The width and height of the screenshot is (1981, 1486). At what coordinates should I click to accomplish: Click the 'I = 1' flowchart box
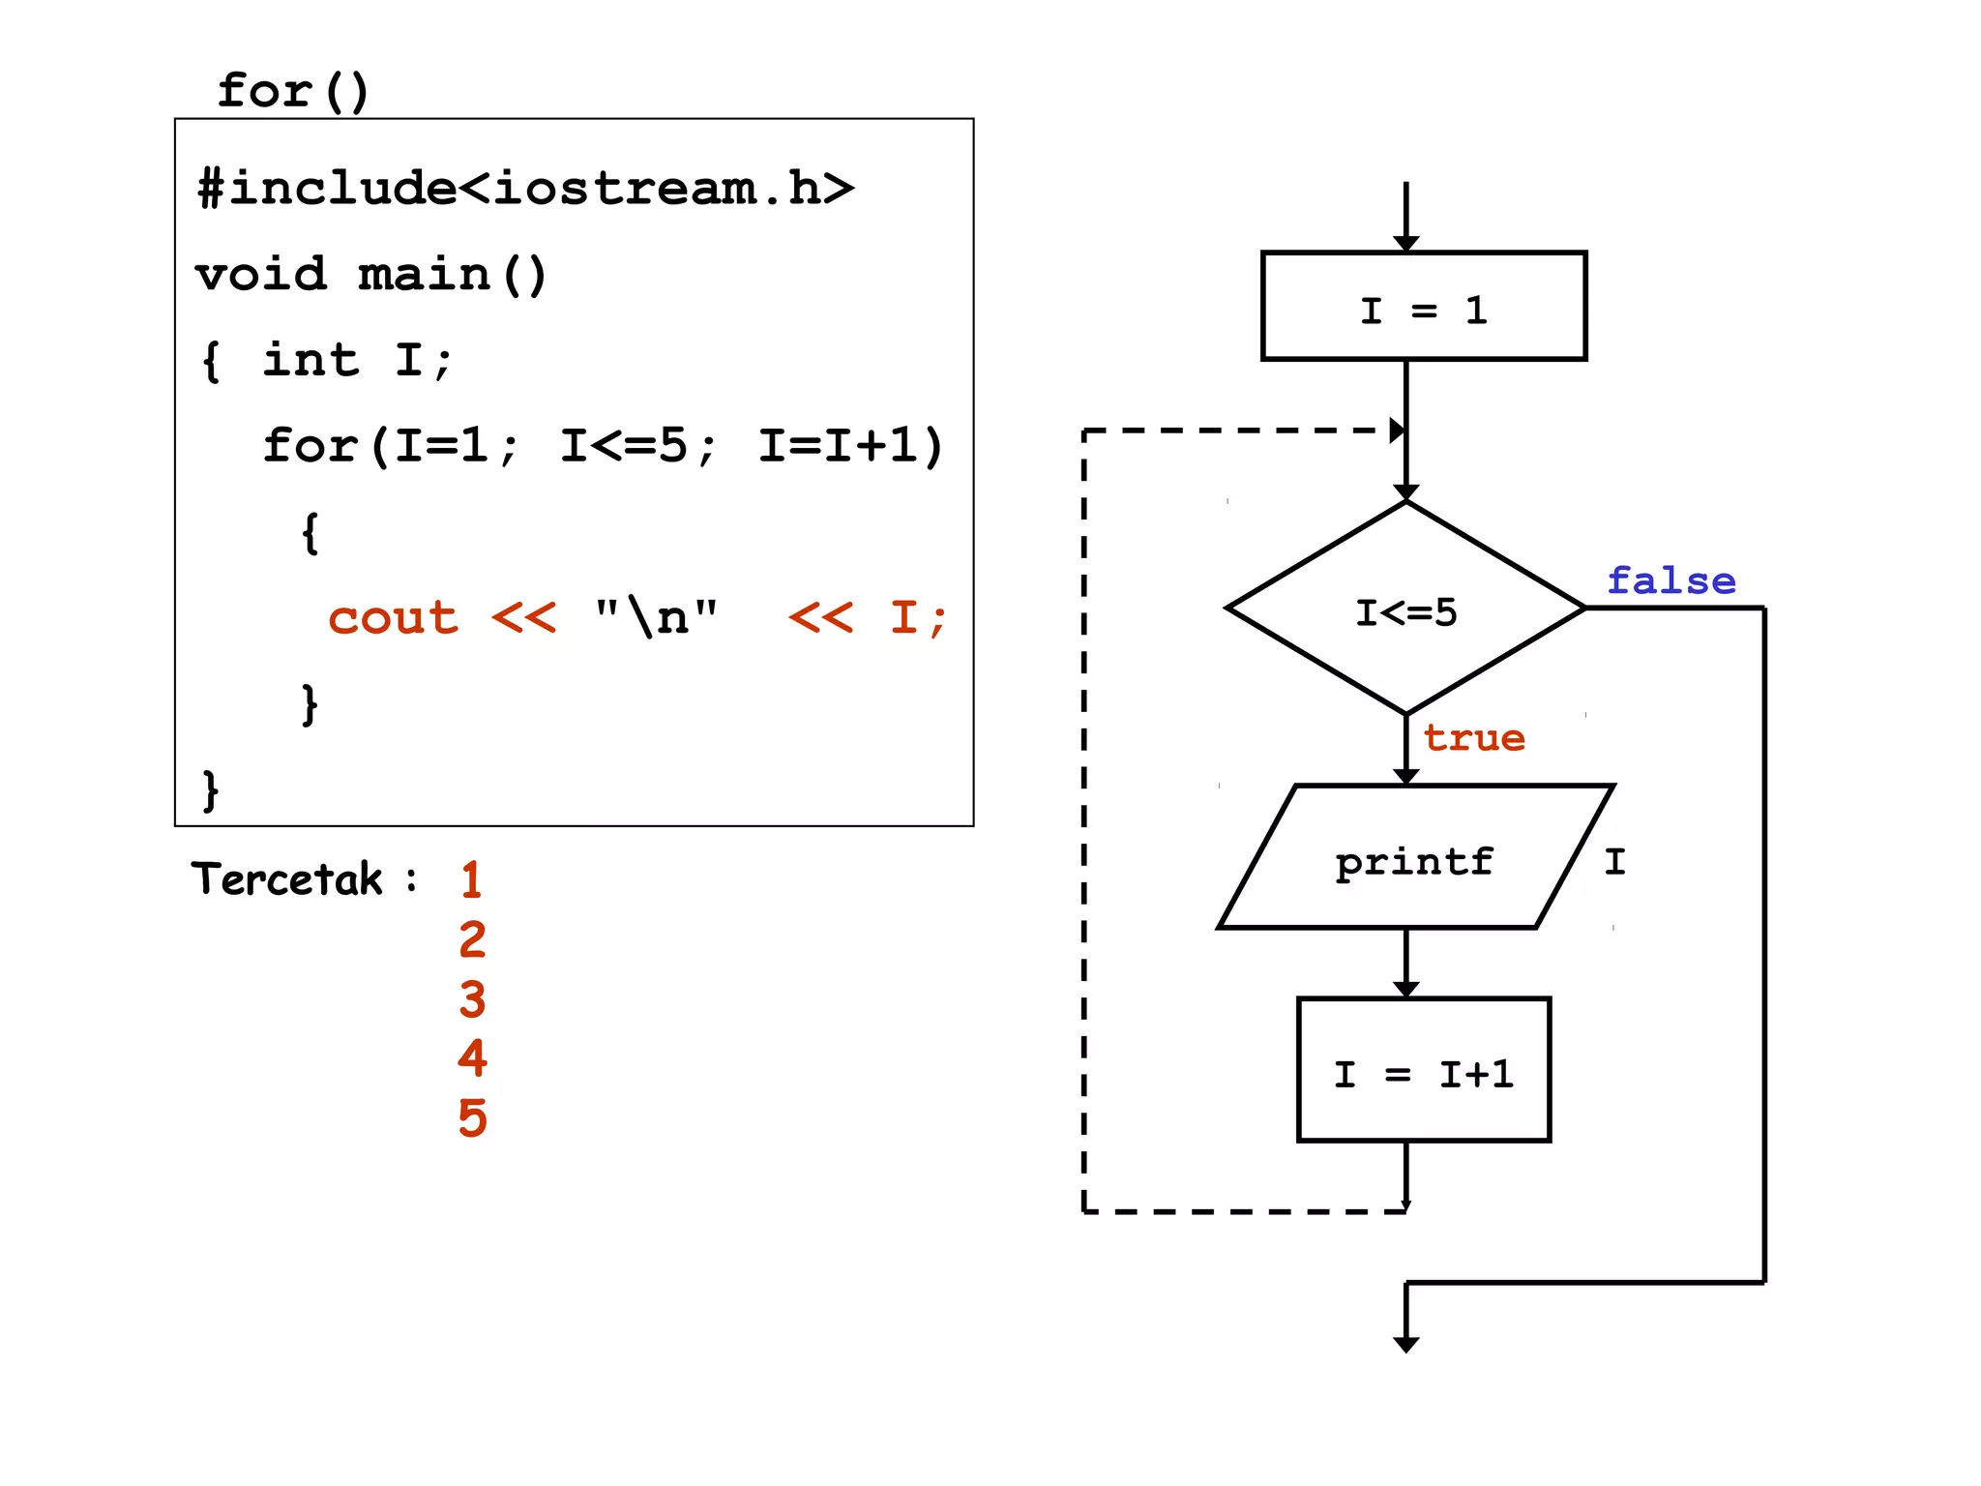[1423, 307]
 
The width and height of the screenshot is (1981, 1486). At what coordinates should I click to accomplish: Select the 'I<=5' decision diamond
[1405, 609]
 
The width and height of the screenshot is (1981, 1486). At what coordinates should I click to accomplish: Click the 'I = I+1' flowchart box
[1423, 1071]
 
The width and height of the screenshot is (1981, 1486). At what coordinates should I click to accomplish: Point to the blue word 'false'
[1671, 580]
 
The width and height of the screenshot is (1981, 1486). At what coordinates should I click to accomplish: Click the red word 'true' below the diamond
[1474, 738]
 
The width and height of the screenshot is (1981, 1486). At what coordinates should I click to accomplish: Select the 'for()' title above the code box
[293, 91]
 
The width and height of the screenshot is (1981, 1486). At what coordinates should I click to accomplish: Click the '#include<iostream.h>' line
[525, 187]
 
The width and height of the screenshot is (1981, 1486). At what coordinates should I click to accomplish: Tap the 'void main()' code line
[371, 274]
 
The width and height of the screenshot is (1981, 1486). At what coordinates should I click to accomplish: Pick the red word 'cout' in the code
[393, 617]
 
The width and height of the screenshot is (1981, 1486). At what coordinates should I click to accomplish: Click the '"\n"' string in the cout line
[657, 617]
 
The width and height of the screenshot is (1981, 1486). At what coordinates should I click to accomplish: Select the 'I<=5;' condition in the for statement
[638, 446]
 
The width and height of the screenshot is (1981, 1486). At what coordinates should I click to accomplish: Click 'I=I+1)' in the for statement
[850, 446]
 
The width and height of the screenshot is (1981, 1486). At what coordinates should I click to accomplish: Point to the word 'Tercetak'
[287, 878]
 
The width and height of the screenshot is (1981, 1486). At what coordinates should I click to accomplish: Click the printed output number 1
[471, 879]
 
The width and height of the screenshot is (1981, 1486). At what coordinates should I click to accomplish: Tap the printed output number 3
[472, 998]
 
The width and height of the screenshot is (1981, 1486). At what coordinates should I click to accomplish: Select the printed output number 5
[472, 1117]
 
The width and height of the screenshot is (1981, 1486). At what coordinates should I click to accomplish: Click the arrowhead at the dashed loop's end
[1397, 431]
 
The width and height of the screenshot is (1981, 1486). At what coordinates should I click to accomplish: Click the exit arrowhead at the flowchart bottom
[1405, 1344]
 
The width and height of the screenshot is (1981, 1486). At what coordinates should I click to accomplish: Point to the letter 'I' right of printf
[1614, 860]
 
